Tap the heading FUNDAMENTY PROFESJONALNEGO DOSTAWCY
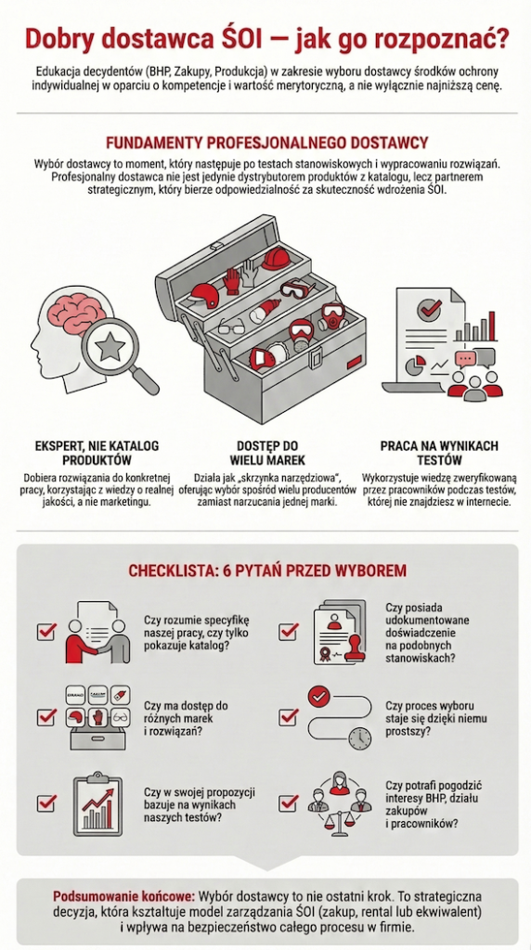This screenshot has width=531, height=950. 266,143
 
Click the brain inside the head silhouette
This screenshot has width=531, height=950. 80,317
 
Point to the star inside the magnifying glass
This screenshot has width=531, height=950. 110,347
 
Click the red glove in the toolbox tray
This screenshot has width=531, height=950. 231,281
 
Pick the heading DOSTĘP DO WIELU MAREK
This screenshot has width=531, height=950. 267,453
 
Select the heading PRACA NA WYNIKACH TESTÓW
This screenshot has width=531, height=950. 439,453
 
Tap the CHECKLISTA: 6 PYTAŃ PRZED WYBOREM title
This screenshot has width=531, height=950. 267,571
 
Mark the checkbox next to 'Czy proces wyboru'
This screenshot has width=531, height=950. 288,717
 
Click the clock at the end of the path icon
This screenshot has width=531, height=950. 360,738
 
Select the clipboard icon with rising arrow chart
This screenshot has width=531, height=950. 97,805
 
